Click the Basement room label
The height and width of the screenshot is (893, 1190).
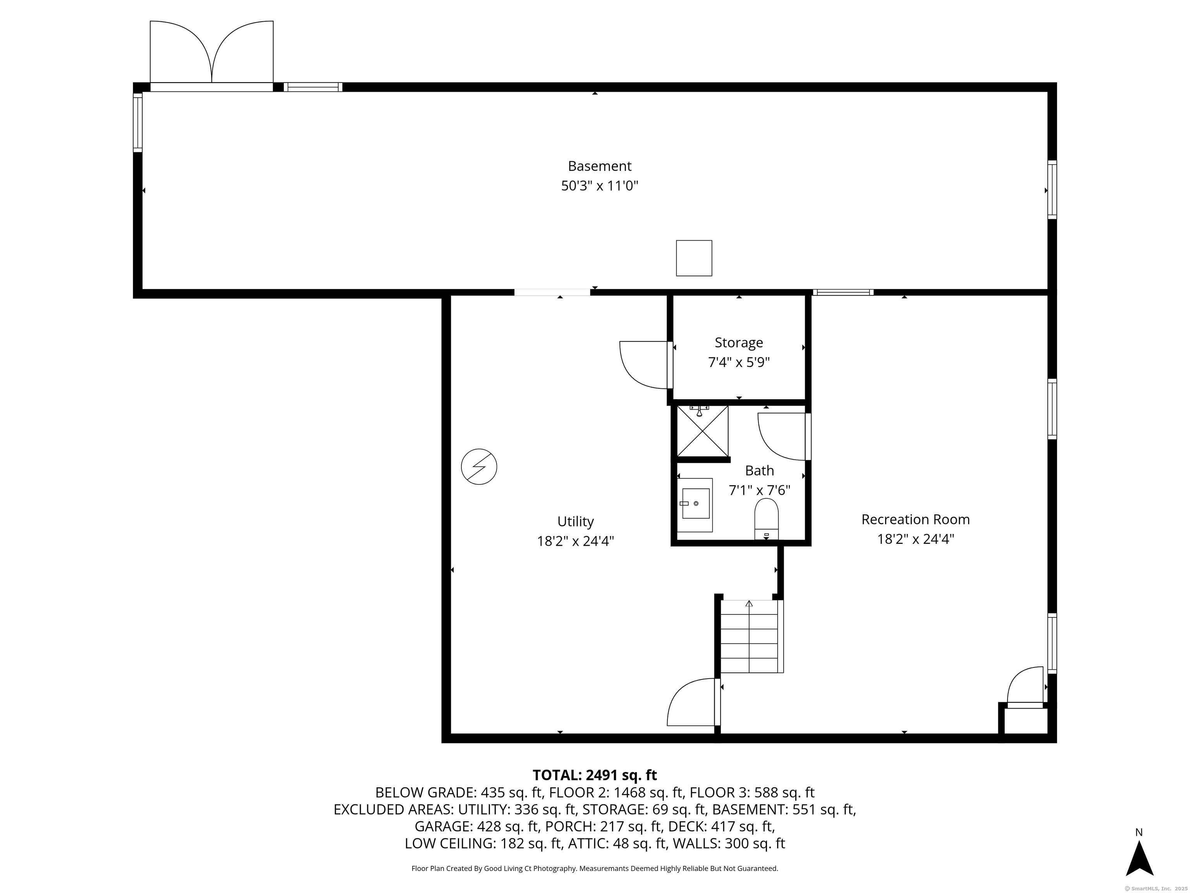pos(599,166)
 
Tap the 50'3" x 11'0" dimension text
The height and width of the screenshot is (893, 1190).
pos(599,186)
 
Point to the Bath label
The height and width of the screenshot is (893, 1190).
pos(759,471)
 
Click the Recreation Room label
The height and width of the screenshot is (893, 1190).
pos(915,519)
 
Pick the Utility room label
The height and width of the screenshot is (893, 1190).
pos(575,522)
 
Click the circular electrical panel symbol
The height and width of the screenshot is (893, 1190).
pos(479,467)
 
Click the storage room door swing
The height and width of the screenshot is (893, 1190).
pos(644,364)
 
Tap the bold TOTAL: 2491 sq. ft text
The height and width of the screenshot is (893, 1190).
pos(595,775)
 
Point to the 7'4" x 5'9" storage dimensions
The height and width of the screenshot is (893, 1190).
pos(739,362)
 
